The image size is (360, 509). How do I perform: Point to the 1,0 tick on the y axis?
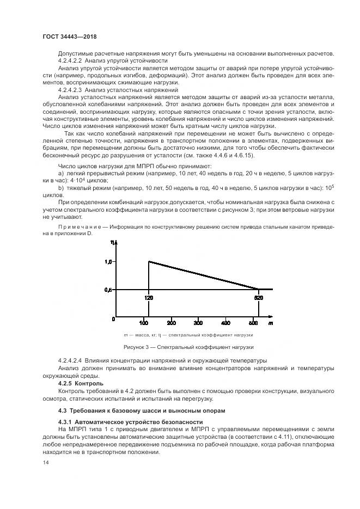click(x=109, y=262)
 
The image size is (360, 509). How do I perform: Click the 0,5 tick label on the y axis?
click(x=109, y=290)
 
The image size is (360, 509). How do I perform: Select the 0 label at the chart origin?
click(x=113, y=317)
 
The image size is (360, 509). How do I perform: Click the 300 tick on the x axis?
click(x=198, y=322)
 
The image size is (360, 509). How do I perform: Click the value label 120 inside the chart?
click(x=149, y=298)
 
